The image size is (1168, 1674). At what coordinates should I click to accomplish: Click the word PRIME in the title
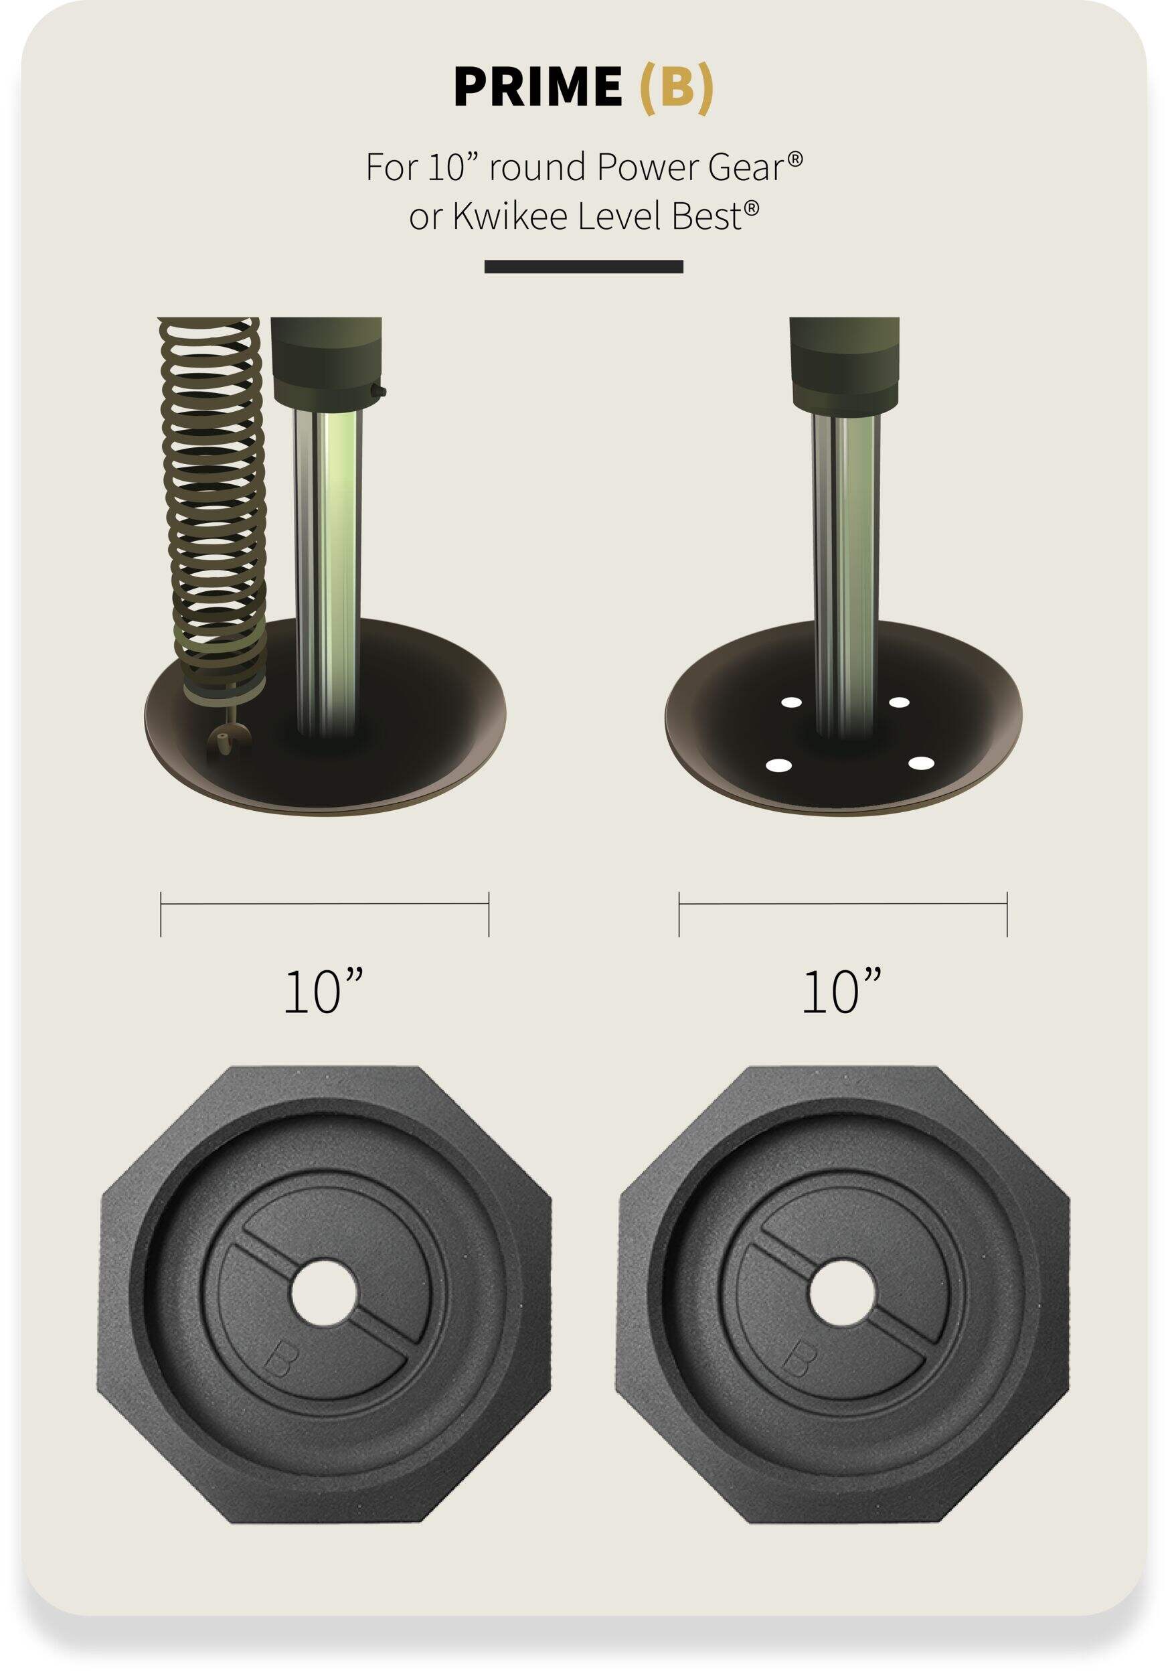[537, 87]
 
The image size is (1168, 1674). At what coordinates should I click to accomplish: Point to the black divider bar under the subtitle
[584, 267]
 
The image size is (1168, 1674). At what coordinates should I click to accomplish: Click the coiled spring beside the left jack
[212, 510]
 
